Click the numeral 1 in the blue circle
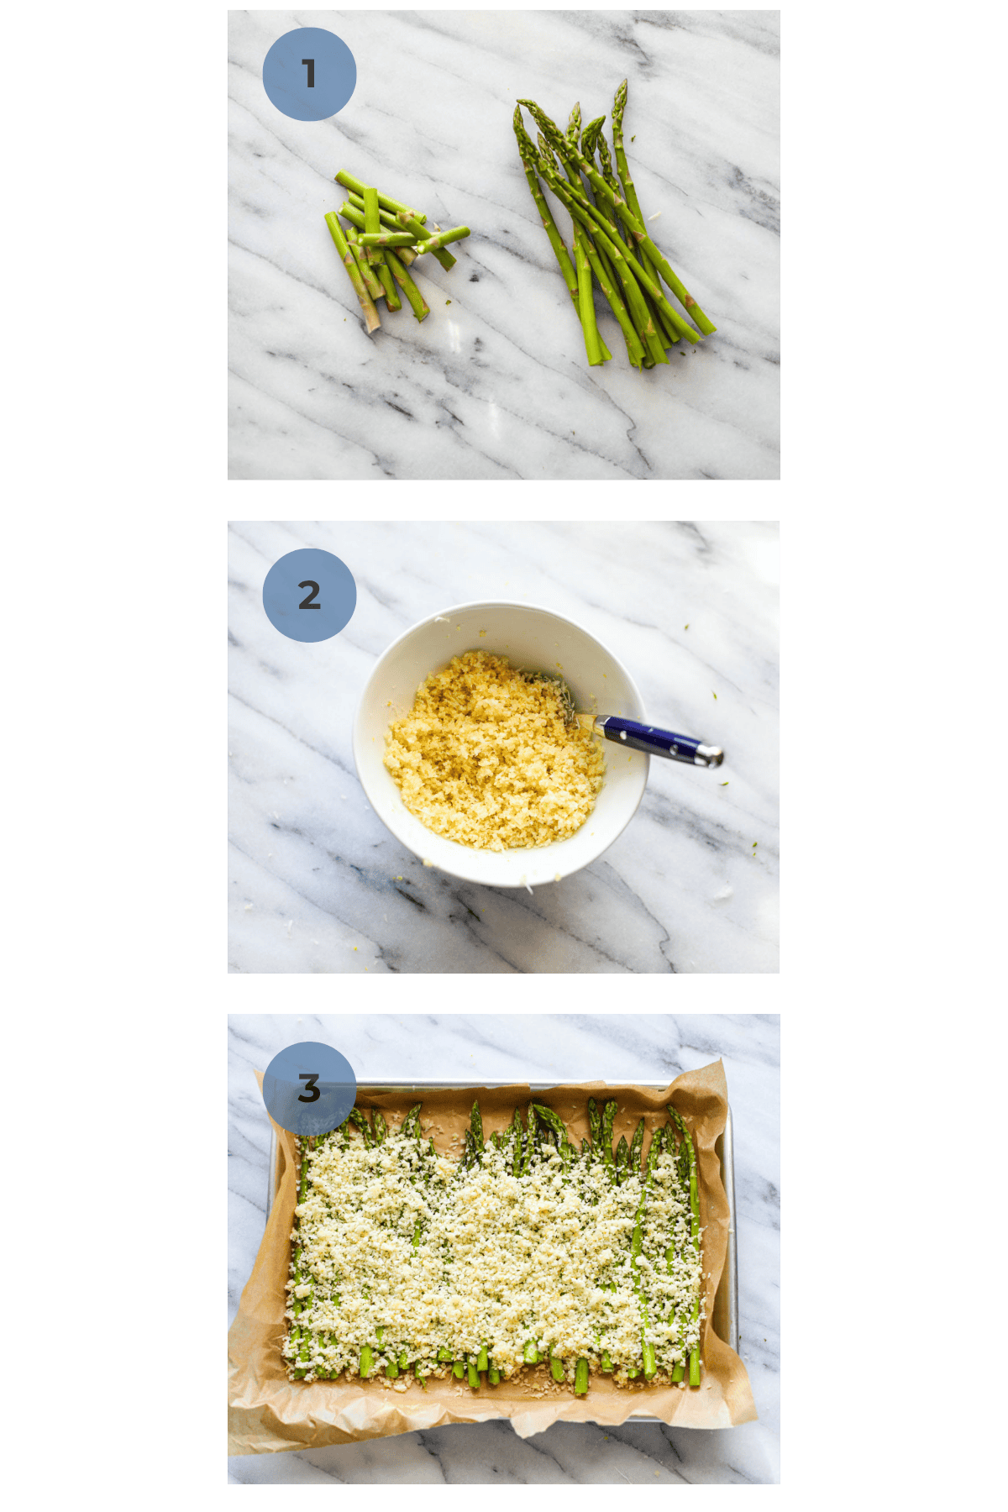[x=309, y=74]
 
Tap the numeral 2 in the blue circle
[x=309, y=596]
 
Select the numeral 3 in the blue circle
[x=309, y=1089]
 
